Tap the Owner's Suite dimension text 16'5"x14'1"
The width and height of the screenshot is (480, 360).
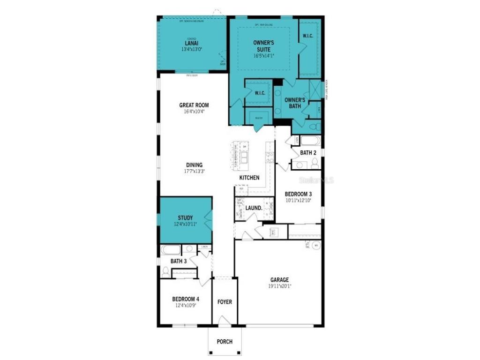[263, 55]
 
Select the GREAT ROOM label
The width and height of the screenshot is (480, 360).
[194, 105]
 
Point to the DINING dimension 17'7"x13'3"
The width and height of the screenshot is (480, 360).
[194, 171]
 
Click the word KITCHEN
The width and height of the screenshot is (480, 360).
[249, 178]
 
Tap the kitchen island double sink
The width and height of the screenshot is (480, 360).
[245, 157]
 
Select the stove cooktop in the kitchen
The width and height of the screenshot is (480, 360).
[270, 158]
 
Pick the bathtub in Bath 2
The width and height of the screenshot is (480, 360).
[309, 141]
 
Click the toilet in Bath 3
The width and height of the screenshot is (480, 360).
[165, 271]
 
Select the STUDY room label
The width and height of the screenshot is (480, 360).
[185, 217]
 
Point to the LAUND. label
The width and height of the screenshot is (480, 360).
[254, 208]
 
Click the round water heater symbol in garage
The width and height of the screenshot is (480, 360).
[316, 245]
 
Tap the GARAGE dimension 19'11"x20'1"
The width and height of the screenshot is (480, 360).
[279, 286]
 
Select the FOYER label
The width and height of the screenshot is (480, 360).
[225, 302]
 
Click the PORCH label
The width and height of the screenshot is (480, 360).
[225, 342]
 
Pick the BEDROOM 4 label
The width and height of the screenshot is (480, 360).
[185, 299]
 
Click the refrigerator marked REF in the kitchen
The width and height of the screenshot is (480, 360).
[240, 189]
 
